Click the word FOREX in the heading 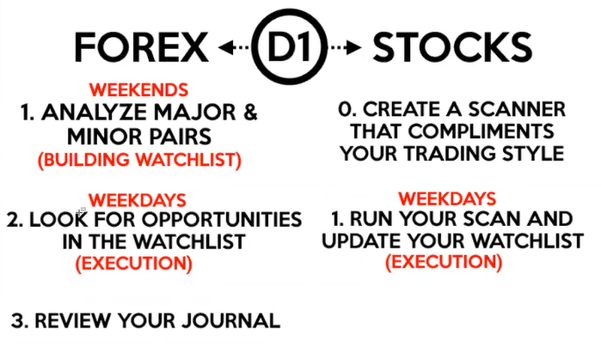coord(141,47)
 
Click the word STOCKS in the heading coord(452,47)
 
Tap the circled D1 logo coord(290,46)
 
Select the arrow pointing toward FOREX coord(233,47)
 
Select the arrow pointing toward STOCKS coord(346,47)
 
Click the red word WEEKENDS coord(138,90)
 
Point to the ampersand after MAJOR coord(250,113)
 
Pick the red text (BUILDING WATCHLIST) coord(139,160)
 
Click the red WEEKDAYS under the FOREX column coord(137,200)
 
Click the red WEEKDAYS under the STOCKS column coord(447,198)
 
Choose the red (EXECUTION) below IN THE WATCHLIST coord(134,263)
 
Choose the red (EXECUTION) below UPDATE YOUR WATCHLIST coord(444,262)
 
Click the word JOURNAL coord(230,320)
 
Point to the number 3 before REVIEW coord(17,320)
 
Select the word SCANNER coord(517,109)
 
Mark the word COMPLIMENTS coord(481,131)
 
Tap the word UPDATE coord(361,241)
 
